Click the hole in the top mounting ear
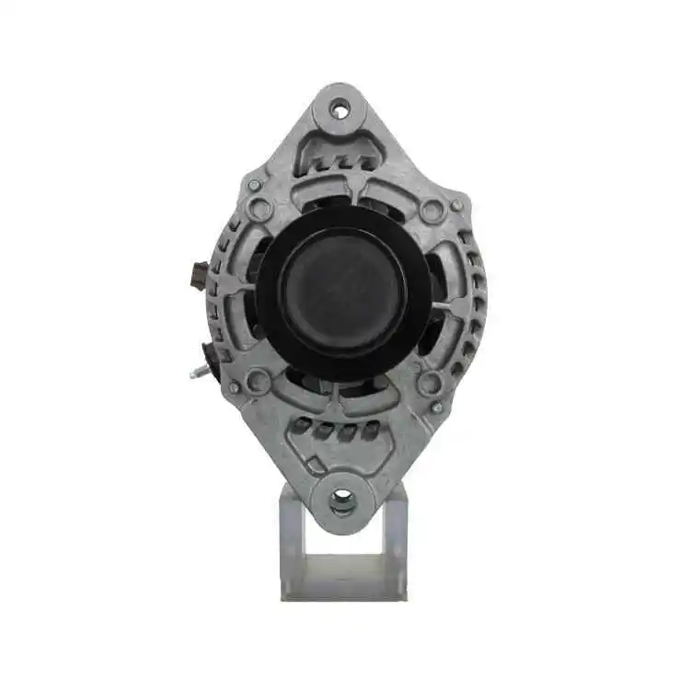(341, 111)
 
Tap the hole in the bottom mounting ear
(342, 500)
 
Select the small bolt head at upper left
(254, 185)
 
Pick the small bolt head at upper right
(455, 204)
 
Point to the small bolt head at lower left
(235, 387)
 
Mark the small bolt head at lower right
(437, 407)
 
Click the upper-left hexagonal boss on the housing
(260, 210)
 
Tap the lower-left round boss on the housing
(259, 380)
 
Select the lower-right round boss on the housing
(430, 383)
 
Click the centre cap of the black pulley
(342, 291)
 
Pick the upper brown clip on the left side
(197, 274)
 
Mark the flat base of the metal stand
(342, 587)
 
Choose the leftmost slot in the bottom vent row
(303, 425)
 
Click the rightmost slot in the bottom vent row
(371, 430)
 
